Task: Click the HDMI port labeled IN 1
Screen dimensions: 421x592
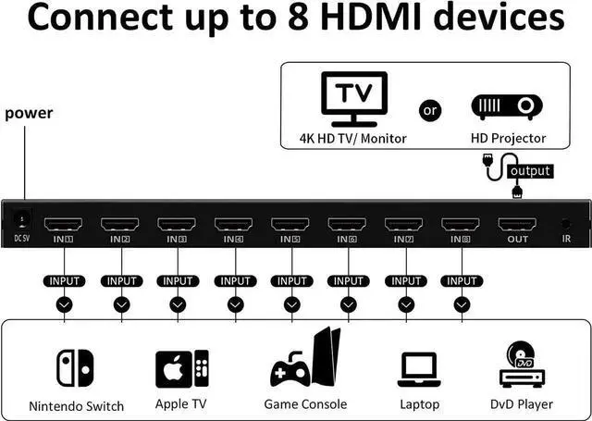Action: [65, 224]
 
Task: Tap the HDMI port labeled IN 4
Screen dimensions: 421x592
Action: [235, 224]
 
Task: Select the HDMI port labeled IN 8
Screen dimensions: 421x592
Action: [461, 224]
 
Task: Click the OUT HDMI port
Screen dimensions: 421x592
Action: [516, 224]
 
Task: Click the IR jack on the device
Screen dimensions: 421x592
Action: [565, 223]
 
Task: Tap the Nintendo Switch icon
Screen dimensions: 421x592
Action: [75, 367]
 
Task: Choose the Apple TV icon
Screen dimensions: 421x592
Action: [182, 367]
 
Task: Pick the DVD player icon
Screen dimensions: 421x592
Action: [521, 365]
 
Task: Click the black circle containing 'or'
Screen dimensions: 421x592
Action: [430, 110]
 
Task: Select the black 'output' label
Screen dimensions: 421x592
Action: [529, 170]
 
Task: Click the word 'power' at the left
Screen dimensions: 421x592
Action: [29, 114]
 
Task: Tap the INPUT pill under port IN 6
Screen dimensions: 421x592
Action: [348, 280]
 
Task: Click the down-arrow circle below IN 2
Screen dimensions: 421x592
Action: [121, 303]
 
